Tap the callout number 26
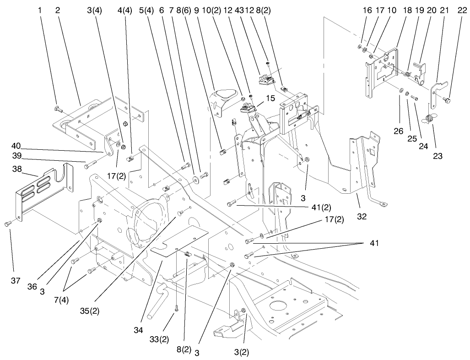click(399, 131)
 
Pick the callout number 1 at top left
click(40, 10)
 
